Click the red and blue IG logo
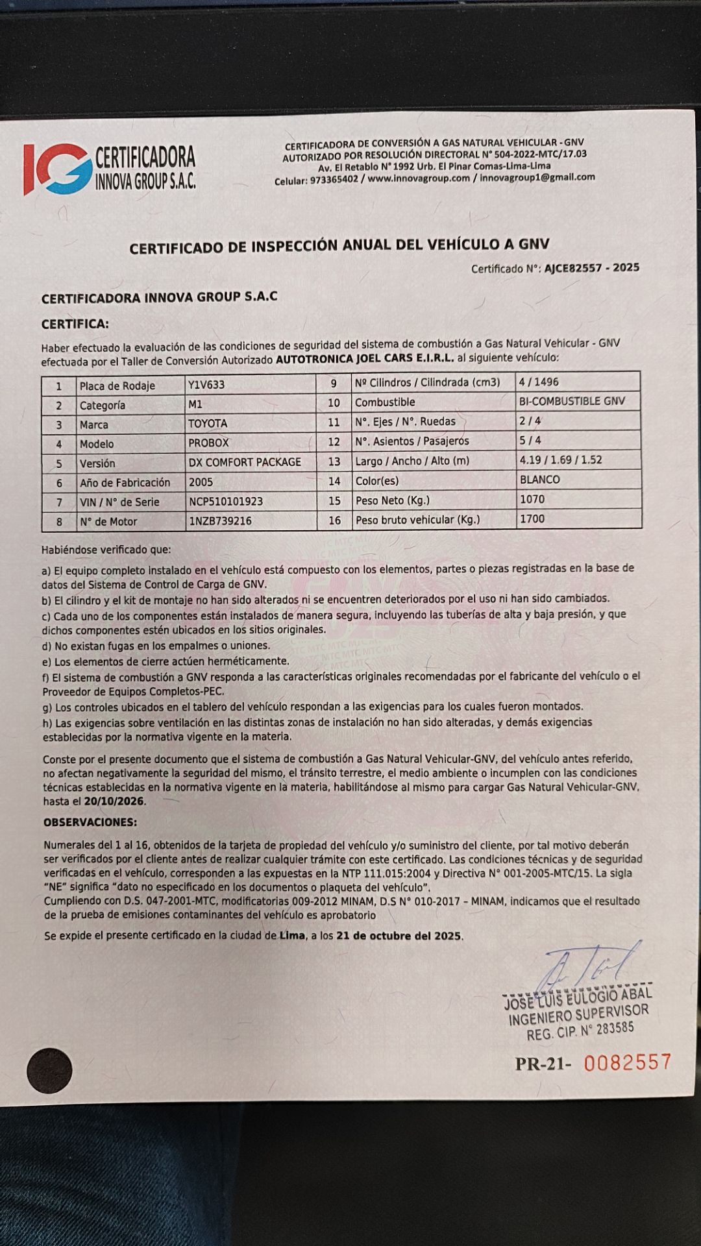57,168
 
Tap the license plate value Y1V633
206,385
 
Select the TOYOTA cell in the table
208,424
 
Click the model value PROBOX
209,443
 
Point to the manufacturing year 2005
201,482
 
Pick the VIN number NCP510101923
226,502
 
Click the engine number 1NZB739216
220,521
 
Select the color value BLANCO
539,480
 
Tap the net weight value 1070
532,499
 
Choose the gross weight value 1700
532,519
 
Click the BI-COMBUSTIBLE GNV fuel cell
572,401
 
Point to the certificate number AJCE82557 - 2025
592,267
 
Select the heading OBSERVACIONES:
90,822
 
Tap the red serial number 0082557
627,1062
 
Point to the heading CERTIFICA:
75,324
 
